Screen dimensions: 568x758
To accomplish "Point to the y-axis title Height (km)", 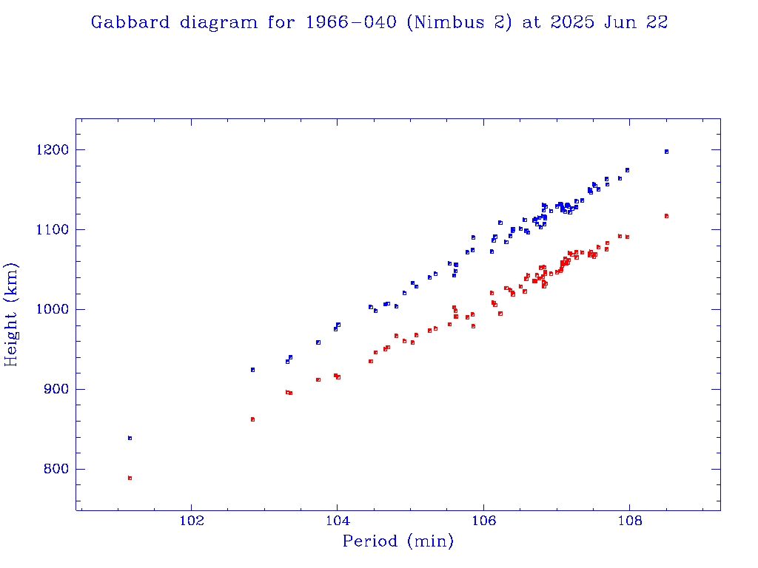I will point(12,314).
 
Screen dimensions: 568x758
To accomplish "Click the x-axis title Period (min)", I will point(398,541).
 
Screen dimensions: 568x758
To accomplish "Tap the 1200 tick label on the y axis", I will point(52,150).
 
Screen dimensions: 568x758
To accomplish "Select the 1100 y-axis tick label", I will point(52,230).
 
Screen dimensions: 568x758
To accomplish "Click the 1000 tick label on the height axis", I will point(52,310).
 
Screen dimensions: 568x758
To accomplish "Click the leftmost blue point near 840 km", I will point(130,438).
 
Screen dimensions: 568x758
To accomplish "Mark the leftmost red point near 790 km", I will point(130,478).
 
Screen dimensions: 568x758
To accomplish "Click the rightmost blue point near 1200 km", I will point(666,152).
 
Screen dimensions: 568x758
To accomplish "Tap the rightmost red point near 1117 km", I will point(666,216).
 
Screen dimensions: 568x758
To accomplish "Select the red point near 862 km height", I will point(252,419).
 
